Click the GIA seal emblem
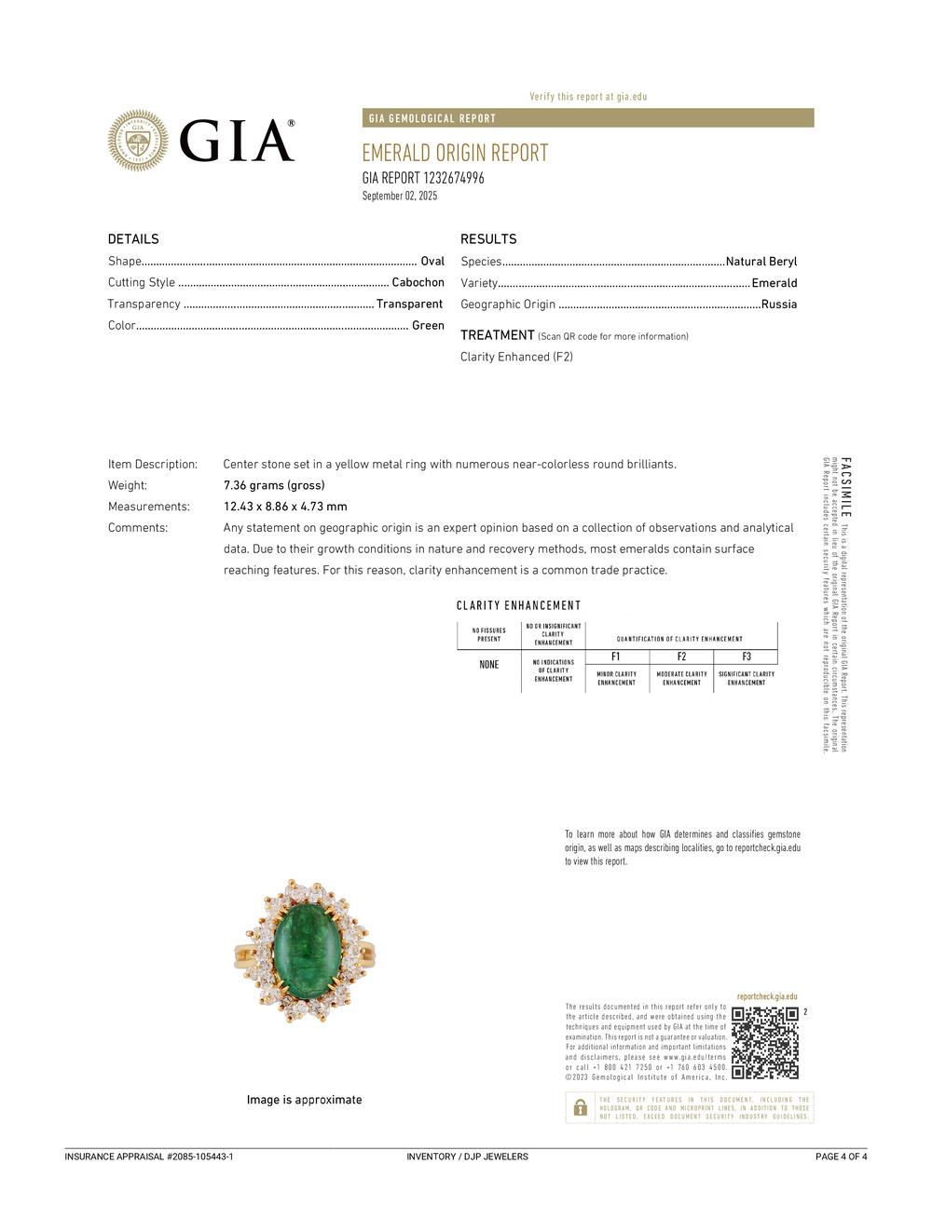[138, 141]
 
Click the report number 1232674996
[453, 178]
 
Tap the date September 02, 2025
[399, 196]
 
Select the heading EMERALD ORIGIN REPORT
[455, 153]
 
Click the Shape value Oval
[432, 262]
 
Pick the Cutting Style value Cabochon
[418, 282]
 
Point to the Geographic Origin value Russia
[779, 304]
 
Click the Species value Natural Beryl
[761, 262]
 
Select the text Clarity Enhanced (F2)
[516, 357]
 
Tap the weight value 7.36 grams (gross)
[274, 485]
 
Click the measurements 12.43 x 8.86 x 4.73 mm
[285, 507]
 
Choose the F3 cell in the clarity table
[747, 657]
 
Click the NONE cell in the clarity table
[489, 665]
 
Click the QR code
[765, 1042]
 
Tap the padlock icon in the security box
[580, 1107]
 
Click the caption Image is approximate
[304, 1100]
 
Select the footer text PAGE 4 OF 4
[841, 1157]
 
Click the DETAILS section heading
[133, 239]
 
